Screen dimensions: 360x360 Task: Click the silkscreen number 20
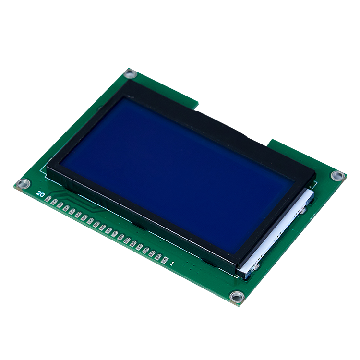coord(40,194)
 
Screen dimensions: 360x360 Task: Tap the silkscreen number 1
coord(171,264)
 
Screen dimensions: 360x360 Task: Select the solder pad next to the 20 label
coord(48,199)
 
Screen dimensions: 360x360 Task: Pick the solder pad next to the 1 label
coord(164,260)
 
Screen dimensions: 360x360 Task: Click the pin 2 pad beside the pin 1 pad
coord(158,257)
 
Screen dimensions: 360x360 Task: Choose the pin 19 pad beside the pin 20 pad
coord(54,202)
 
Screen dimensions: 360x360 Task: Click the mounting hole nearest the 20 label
coord(24,184)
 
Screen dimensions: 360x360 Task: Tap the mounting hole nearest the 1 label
coord(237,297)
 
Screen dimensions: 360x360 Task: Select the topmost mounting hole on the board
coord(130,74)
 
